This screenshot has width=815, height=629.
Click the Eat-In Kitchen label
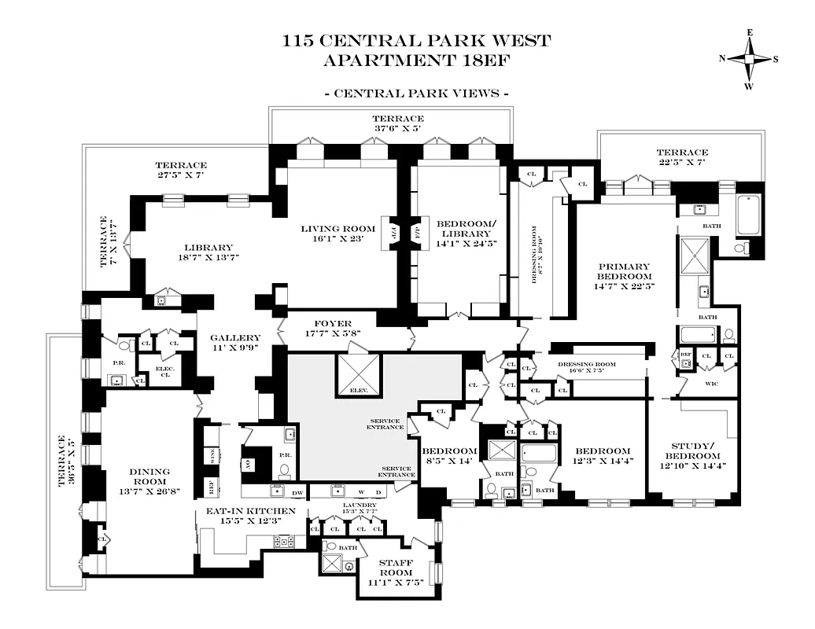click(x=251, y=511)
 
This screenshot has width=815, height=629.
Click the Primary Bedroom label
click(x=624, y=271)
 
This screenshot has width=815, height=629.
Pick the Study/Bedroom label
click(x=692, y=451)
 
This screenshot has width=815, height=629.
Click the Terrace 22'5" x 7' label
click(x=682, y=153)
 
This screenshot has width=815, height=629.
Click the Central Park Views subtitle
click(x=416, y=93)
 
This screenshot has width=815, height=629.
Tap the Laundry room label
click(x=360, y=506)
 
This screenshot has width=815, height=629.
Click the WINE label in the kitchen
click(x=210, y=454)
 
